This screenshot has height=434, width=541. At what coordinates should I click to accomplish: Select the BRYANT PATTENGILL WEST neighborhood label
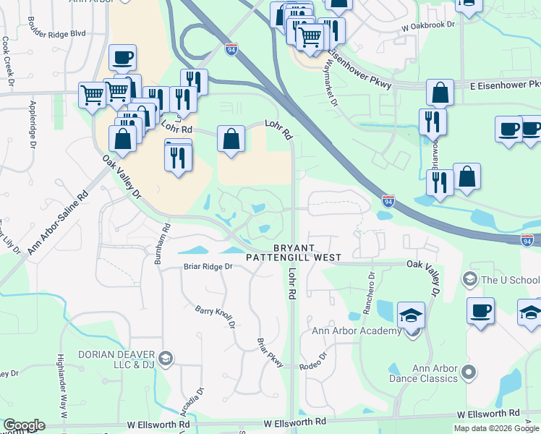pos(293,252)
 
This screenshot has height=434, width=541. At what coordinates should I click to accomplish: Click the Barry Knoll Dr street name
pos(216,316)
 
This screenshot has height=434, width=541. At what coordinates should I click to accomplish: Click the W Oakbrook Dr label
pos(431,24)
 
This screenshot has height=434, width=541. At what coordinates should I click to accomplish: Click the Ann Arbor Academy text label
pos(356,331)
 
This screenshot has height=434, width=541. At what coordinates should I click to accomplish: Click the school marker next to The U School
pos(469,280)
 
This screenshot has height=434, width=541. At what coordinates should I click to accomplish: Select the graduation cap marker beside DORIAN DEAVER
pos(166,359)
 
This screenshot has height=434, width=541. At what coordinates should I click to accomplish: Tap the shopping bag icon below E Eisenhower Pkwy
pos(440,93)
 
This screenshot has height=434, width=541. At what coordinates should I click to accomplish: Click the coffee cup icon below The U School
pos(480,311)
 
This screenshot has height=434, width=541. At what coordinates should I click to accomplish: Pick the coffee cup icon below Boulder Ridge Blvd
pos(122,58)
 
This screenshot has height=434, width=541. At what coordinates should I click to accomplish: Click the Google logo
pos(23,425)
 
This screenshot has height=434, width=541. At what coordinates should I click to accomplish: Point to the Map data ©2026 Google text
pos(496,428)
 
